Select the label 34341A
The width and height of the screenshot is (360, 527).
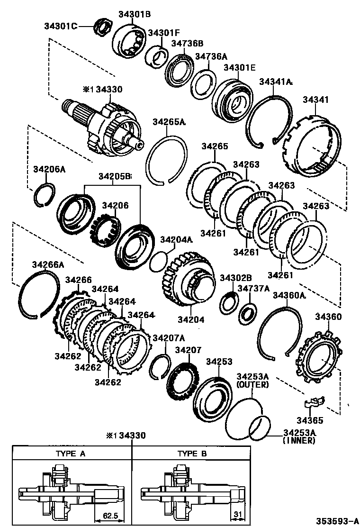[x=275, y=82]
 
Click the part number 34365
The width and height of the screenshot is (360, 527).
[x=310, y=420]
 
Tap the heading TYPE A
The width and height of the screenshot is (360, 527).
[x=71, y=454]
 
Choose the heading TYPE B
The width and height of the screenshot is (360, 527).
[x=192, y=454]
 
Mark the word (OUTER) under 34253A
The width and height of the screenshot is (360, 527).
[x=252, y=384]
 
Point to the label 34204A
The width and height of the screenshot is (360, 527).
[x=176, y=240]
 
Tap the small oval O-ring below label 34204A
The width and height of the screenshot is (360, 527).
[x=158, y=262]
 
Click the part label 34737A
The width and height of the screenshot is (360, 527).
[x=253, y=288]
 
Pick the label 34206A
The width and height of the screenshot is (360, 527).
[x=49, y=169]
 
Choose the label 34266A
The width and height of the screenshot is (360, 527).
[x=48, y=264]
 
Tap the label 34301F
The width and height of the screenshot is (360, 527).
[x=163, y=33]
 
